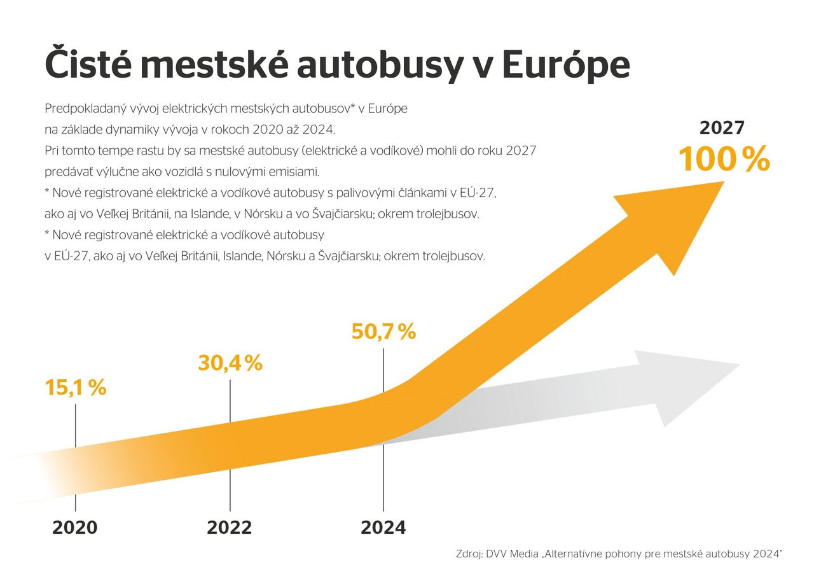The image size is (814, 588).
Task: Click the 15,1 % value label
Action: tap(75, 388)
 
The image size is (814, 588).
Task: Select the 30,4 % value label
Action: tap(230, 363)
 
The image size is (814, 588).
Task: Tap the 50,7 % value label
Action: tap(383, 332)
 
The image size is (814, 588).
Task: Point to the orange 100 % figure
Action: tap(724, 159)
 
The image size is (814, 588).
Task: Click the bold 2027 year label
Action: tap(722, 128)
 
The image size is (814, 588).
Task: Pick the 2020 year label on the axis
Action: tap(75, 528)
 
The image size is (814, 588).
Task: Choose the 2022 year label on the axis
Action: tap(230, 528)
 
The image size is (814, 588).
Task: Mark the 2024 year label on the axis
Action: tap(383, 528)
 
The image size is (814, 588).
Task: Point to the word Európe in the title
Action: tap(565, 64)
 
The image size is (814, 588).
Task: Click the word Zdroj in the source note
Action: tap(469, 554)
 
